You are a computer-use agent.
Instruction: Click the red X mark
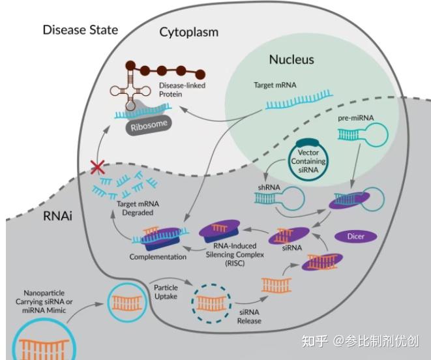click(98, 167)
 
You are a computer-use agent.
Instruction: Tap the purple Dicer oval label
click(355, 236)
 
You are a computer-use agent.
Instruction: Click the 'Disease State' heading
click(80, 30)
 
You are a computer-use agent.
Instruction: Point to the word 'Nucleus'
click(291, 59)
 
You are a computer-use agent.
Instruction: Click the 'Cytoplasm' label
click(189, 32)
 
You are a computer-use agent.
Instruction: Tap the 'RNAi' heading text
click(58, 216)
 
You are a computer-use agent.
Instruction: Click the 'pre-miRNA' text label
click(355, 118)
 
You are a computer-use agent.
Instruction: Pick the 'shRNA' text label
click(269, 187)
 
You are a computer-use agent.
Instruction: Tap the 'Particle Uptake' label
click(166, 292)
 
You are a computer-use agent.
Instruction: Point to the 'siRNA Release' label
click(249, 316)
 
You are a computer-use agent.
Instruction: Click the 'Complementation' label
click(158, 256)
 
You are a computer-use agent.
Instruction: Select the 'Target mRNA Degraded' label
click(138, 208)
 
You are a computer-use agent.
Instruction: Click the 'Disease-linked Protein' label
click(182, 89)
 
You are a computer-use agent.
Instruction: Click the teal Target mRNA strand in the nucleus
click(299, 100)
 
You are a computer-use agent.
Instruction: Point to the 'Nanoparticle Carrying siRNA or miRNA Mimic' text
click(44, 301)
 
